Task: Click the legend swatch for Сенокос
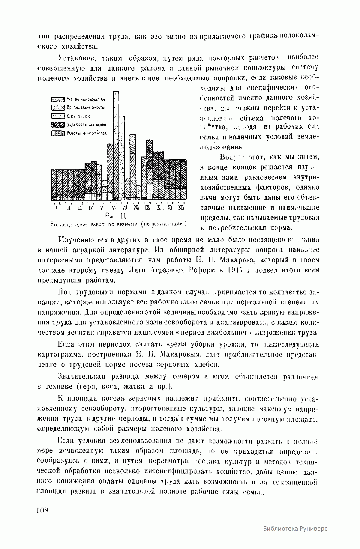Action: [x=58, y=116]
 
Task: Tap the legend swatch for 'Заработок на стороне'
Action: [x=58, y=124]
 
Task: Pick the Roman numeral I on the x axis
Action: [x=56, y=207]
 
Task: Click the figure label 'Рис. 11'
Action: [x=115, y=216]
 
